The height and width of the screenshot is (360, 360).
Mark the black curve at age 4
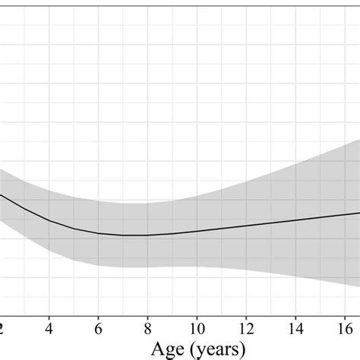[x=49, y=219]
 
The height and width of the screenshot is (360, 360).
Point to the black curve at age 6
[x=98, y=232]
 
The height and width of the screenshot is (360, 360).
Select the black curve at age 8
[x=147, y=235]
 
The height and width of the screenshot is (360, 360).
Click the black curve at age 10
[x=197, y=231]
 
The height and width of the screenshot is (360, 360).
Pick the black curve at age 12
[x=246, y=226]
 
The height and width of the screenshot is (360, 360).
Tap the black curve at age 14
[x=295, y=220]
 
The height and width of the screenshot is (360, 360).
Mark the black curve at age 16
[x=345, y=214]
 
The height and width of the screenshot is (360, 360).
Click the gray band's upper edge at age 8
[x=147, y=203]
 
